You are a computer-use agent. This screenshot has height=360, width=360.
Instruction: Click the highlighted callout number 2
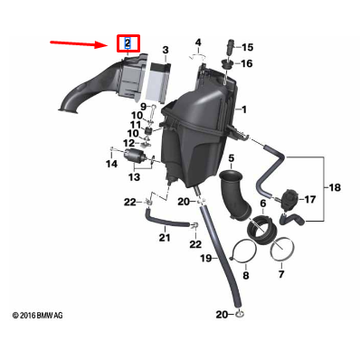click(128, 43)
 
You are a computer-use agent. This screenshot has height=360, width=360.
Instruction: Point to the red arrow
click(81, 42)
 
